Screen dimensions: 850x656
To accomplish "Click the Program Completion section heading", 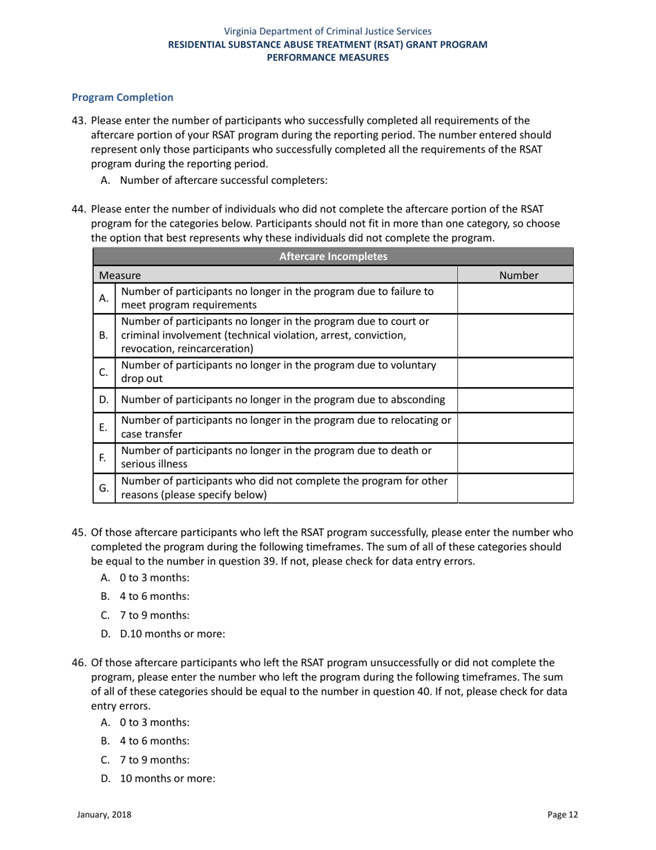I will tap(122, 97).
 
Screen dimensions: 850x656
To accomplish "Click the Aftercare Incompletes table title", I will tap(333, 256).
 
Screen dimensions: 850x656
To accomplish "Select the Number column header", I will tap(518, 275).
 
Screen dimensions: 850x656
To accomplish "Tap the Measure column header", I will tap(119, 275).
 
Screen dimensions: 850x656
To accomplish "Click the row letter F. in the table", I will tap(103, 457).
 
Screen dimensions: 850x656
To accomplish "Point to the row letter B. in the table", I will tap(104, 335).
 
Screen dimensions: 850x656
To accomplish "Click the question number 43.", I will tap(79, 120).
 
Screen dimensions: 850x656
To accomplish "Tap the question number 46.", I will tap(79, 663).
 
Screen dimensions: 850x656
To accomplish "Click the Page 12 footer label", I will tap(563, 815).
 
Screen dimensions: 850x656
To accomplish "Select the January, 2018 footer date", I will tap(104, 815).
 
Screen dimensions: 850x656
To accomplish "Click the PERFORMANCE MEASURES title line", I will tap(328, 57).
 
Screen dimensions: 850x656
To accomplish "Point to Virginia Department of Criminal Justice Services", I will tap(328, 31).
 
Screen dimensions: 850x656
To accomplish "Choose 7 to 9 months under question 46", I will tap(154, 759).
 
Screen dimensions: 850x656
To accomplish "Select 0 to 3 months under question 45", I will tap(154, 578).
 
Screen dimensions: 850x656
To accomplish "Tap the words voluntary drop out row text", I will tap(278, 372).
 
